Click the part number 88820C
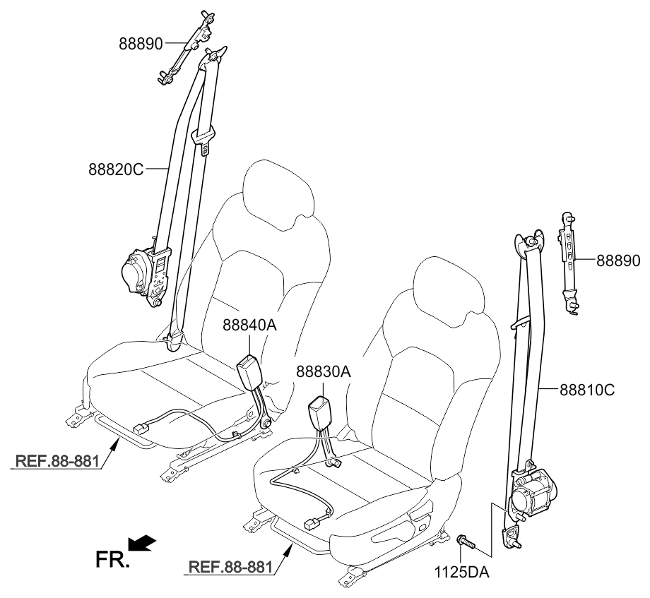coord(116,169)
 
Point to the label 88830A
coord(324,371)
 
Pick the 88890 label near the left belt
coord(141,44)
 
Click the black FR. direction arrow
coord(144,543)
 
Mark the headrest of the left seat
coord(277,192)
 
